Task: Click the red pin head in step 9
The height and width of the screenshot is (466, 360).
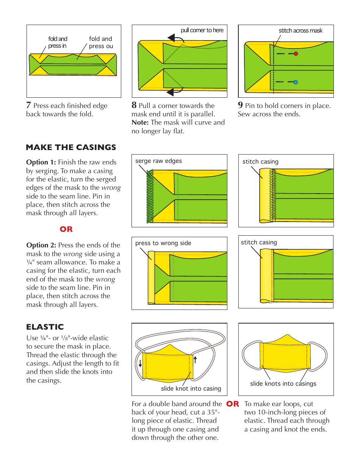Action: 296,54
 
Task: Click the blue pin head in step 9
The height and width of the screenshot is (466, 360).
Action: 296,82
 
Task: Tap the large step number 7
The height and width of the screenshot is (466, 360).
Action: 28,105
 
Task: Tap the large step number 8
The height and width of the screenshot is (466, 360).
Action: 134,105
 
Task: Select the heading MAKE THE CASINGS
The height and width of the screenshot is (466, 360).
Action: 71,147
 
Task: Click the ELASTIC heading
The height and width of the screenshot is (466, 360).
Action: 45,327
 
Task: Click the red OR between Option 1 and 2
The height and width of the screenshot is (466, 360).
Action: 66,229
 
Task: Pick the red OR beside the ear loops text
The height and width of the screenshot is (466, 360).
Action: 233,404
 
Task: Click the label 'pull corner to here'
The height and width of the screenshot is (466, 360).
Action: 202,30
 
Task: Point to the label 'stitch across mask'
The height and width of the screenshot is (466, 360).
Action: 301,31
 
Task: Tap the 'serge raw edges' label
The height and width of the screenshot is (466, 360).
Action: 158,161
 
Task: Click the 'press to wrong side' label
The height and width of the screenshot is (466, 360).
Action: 163,243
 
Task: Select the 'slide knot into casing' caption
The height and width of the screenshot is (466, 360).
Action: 191,388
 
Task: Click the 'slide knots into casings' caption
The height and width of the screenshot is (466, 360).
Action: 283,383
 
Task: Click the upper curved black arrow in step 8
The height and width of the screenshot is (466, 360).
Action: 175,38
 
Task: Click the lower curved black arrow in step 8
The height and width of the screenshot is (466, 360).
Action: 175,91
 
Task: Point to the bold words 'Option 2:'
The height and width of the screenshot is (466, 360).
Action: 41,245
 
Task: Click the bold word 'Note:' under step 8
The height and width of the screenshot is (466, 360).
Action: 140,122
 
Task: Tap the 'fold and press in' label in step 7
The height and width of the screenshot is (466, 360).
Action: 58,42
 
